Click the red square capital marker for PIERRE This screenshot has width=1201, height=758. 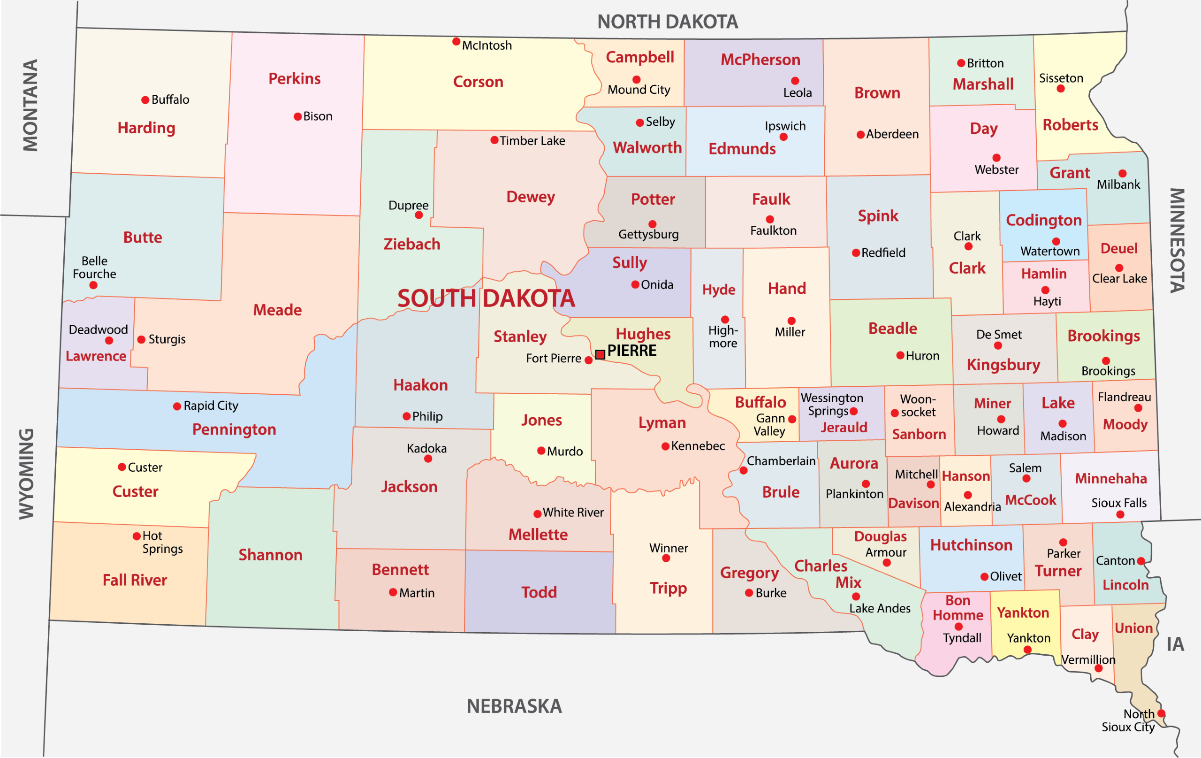[600, 354]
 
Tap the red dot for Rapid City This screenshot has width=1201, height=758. [177, 406]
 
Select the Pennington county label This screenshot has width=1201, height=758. [234, 429]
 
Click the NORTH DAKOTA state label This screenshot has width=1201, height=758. [667, 22]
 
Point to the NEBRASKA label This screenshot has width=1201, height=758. [514, 706]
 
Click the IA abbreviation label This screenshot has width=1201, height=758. [1175, 644]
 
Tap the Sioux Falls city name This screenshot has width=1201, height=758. [1119, 503]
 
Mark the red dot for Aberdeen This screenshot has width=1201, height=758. [860, 135]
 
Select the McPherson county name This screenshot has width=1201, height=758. [760, 60]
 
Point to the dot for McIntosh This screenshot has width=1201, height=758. [456, 41]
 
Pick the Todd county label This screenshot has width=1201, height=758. [539, 592]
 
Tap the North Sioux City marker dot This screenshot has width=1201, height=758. [1161, 713]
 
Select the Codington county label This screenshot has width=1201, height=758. [1043, 220]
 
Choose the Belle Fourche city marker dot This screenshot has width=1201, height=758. [93, 285]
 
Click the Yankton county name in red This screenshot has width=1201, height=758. [1023, 613]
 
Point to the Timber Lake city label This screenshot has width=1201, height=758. [532, 141]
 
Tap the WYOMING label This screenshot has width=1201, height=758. [27, 474]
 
